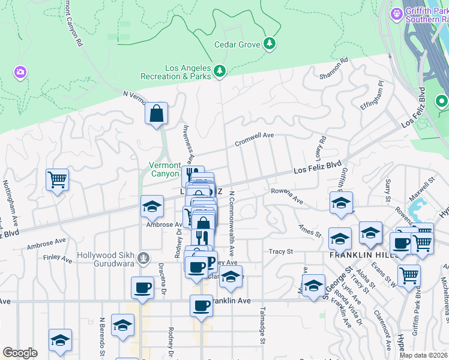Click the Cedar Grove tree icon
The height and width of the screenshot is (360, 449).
coord(270,44)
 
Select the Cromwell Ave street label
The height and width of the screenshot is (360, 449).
coord(254,138)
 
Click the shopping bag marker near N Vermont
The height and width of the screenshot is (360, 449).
coord(156,113)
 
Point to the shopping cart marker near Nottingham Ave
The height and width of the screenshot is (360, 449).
coord(57,179)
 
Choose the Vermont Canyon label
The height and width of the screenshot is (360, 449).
coord(164,169)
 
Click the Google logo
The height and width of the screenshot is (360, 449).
coord(20,352)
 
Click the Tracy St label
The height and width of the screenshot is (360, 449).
coord(280,251)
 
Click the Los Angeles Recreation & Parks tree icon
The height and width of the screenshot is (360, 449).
coord(220,71)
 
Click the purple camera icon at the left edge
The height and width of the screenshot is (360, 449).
coord(20,73)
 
